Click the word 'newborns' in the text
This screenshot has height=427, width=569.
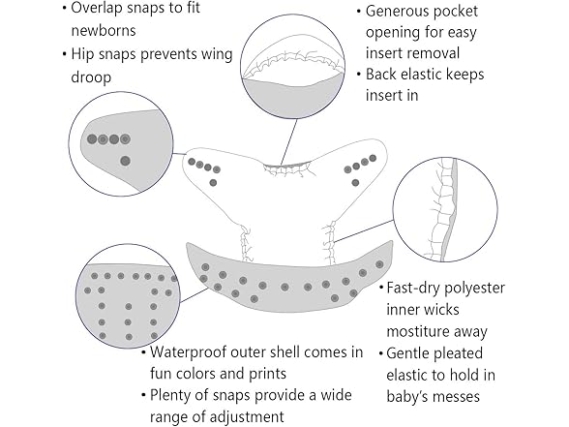coord(104,31)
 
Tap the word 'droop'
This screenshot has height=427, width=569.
coord(91,77)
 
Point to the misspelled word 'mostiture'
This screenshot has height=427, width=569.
coord(417,331)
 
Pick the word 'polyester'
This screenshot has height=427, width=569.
coord(474,289)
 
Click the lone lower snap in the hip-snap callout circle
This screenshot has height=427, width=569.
coord(125,161)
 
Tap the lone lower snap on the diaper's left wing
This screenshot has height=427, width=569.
coord(213,183)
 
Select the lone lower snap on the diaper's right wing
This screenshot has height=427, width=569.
coord(356,183)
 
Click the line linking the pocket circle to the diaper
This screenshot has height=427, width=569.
coord(288,142)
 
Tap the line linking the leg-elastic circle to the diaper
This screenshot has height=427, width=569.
coord(364,230)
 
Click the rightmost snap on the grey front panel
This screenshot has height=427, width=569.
coord(379,264)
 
